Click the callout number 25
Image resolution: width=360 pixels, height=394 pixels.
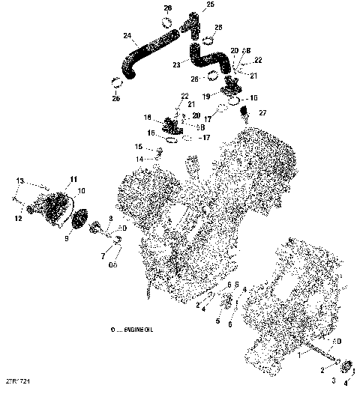pyautogui.click(x=209, y=5)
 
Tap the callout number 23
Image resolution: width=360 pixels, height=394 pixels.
pyautogui.click(x=176, y=64)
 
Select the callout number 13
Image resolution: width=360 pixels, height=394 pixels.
pyautogui.click(x=20, y=181)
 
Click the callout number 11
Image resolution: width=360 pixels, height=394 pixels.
pyautogui.click(x=73, y=178)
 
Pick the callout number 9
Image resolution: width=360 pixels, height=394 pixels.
pyautogui.click(x=65, y=240)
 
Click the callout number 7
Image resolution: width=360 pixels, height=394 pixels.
pyautogui.click(x=102, y=256)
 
